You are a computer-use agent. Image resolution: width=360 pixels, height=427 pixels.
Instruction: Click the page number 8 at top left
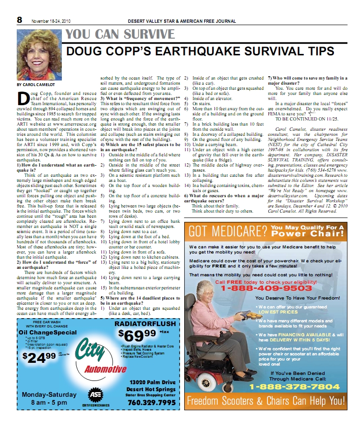point(20,20)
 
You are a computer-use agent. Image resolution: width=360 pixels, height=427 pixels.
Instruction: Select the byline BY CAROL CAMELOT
point(36,85)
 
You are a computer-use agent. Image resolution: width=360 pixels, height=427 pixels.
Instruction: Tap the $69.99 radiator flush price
point(137,334)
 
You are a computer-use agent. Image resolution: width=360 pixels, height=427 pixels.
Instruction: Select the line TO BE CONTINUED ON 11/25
point(300,119)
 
